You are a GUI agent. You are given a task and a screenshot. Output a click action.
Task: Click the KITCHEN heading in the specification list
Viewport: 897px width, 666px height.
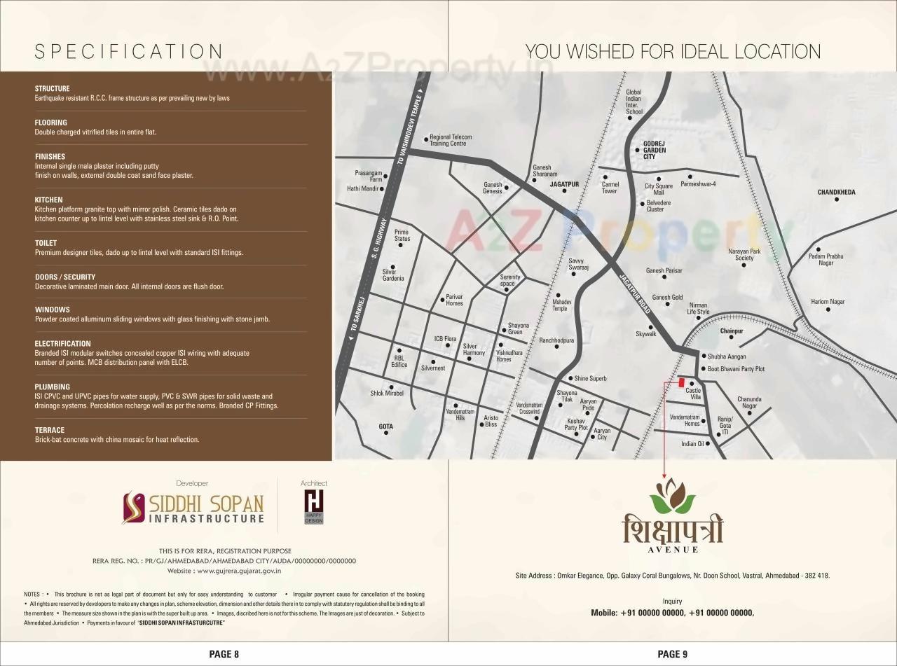point(48,200)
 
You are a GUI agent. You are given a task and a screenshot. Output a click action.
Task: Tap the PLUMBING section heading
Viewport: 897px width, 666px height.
point(52,387)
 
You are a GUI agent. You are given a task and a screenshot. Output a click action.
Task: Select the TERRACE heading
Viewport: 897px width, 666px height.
point(49,430)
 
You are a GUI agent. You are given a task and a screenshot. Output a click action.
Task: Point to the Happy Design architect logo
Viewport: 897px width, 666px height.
point(313,506)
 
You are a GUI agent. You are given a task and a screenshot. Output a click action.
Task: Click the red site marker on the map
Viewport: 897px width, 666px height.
point(681,382)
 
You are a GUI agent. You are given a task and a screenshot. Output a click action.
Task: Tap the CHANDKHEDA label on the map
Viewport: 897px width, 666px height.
point(836,192)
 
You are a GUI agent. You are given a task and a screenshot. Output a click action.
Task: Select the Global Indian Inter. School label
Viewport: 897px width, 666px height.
point(634,102)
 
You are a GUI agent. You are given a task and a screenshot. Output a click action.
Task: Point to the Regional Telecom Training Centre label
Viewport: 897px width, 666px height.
point(450,140)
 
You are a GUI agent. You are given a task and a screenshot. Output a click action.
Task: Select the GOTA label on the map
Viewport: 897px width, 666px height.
point(385,426)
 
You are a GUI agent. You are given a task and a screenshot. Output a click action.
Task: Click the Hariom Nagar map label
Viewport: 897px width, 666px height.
point(828,302)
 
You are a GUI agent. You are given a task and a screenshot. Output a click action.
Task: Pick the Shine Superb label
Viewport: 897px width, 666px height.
point(590,378)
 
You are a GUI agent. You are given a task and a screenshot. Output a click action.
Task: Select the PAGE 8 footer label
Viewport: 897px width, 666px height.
point(224,654)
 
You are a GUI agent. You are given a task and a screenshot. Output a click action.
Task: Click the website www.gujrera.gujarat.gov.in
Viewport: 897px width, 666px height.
point(238,571)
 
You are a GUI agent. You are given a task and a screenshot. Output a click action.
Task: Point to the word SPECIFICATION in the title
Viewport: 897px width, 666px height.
point(129,52)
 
